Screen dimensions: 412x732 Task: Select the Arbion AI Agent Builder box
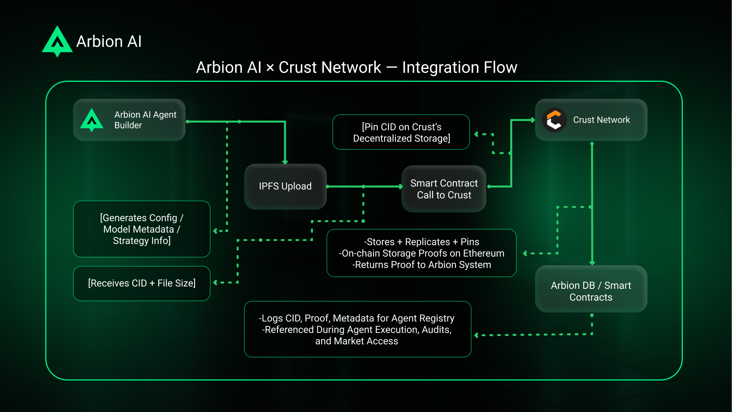(x=129, y=120)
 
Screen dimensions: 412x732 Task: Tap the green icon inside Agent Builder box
(x=92, y=120)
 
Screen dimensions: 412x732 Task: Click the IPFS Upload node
(x=285, y=187)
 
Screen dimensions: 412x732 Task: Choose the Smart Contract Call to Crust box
(x=444, y=189)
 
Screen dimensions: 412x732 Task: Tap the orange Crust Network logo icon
(x=554, y=120)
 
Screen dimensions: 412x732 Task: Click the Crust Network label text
(x=601, y=120)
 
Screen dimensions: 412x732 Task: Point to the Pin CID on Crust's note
(x=401, y=132)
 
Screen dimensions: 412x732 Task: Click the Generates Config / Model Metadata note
(x=142, y=229)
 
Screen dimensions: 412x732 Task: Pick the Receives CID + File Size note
(x=142, y=283)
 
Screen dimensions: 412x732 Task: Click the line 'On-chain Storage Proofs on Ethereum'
(x=421, y=253)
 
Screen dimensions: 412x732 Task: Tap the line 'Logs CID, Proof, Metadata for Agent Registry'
(x=357, y=318)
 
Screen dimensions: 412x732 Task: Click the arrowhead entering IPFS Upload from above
(x=285, y=162)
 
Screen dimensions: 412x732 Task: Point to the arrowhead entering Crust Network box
(x=532, y=120)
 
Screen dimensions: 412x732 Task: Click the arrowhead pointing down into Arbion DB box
(x=592, y=262)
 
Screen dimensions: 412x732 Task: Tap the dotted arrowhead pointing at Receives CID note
(x=215, y=283)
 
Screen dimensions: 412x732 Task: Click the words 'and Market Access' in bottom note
(x=357, y=341)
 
